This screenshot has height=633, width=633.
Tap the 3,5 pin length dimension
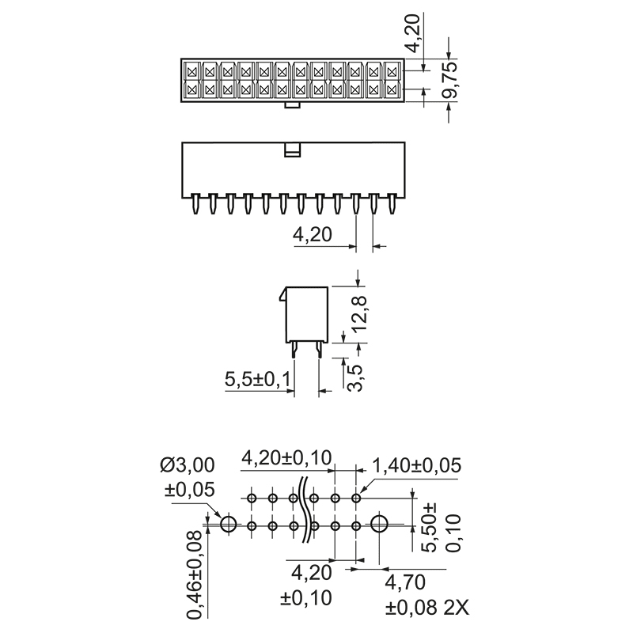click(357, 377)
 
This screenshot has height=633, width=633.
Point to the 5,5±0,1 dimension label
click(258, 381)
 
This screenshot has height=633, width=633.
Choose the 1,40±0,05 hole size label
click(416, 465)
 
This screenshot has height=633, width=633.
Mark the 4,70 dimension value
click(405, 583)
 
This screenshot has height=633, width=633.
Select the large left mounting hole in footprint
click(229, 524)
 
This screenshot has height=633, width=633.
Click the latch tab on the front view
click(292, 149)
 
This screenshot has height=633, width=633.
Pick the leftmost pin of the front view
click(194, 204)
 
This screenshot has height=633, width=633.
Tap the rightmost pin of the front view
click(392, 204)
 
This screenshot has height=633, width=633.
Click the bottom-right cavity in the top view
click(392, 89)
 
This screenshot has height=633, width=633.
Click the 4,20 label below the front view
click(311, 234)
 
